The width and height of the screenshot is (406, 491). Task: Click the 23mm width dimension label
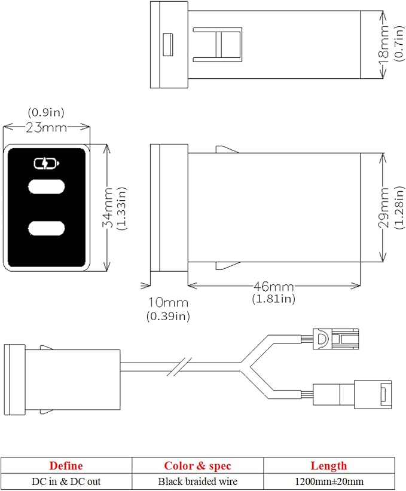[47, 127]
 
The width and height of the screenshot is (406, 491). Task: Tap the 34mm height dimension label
[108, 208]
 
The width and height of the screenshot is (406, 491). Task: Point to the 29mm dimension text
[384, 208]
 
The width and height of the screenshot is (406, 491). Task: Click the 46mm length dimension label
[274, 286]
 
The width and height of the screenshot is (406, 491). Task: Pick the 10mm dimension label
[169, 302]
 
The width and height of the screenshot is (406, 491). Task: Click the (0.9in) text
[46, 112]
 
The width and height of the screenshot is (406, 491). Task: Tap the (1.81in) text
[274, 299]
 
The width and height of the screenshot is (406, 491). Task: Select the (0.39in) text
[169, 316]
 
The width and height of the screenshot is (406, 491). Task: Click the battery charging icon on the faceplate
[47, 164]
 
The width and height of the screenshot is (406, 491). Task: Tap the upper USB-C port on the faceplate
[47, 187]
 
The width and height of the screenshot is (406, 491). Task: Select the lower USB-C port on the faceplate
[47, 228]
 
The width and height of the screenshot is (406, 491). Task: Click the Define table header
[66, 466]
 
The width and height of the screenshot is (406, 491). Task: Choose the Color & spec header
[197, 466]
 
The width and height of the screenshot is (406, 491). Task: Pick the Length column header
[329, 466]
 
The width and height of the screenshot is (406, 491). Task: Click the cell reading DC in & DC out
[66, 481]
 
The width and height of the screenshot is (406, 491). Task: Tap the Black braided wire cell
[197, 481]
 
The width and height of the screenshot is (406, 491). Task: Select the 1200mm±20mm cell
[329, 481]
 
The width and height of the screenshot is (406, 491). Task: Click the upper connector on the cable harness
[336, 339]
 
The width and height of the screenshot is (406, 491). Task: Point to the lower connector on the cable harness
[352, 395]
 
